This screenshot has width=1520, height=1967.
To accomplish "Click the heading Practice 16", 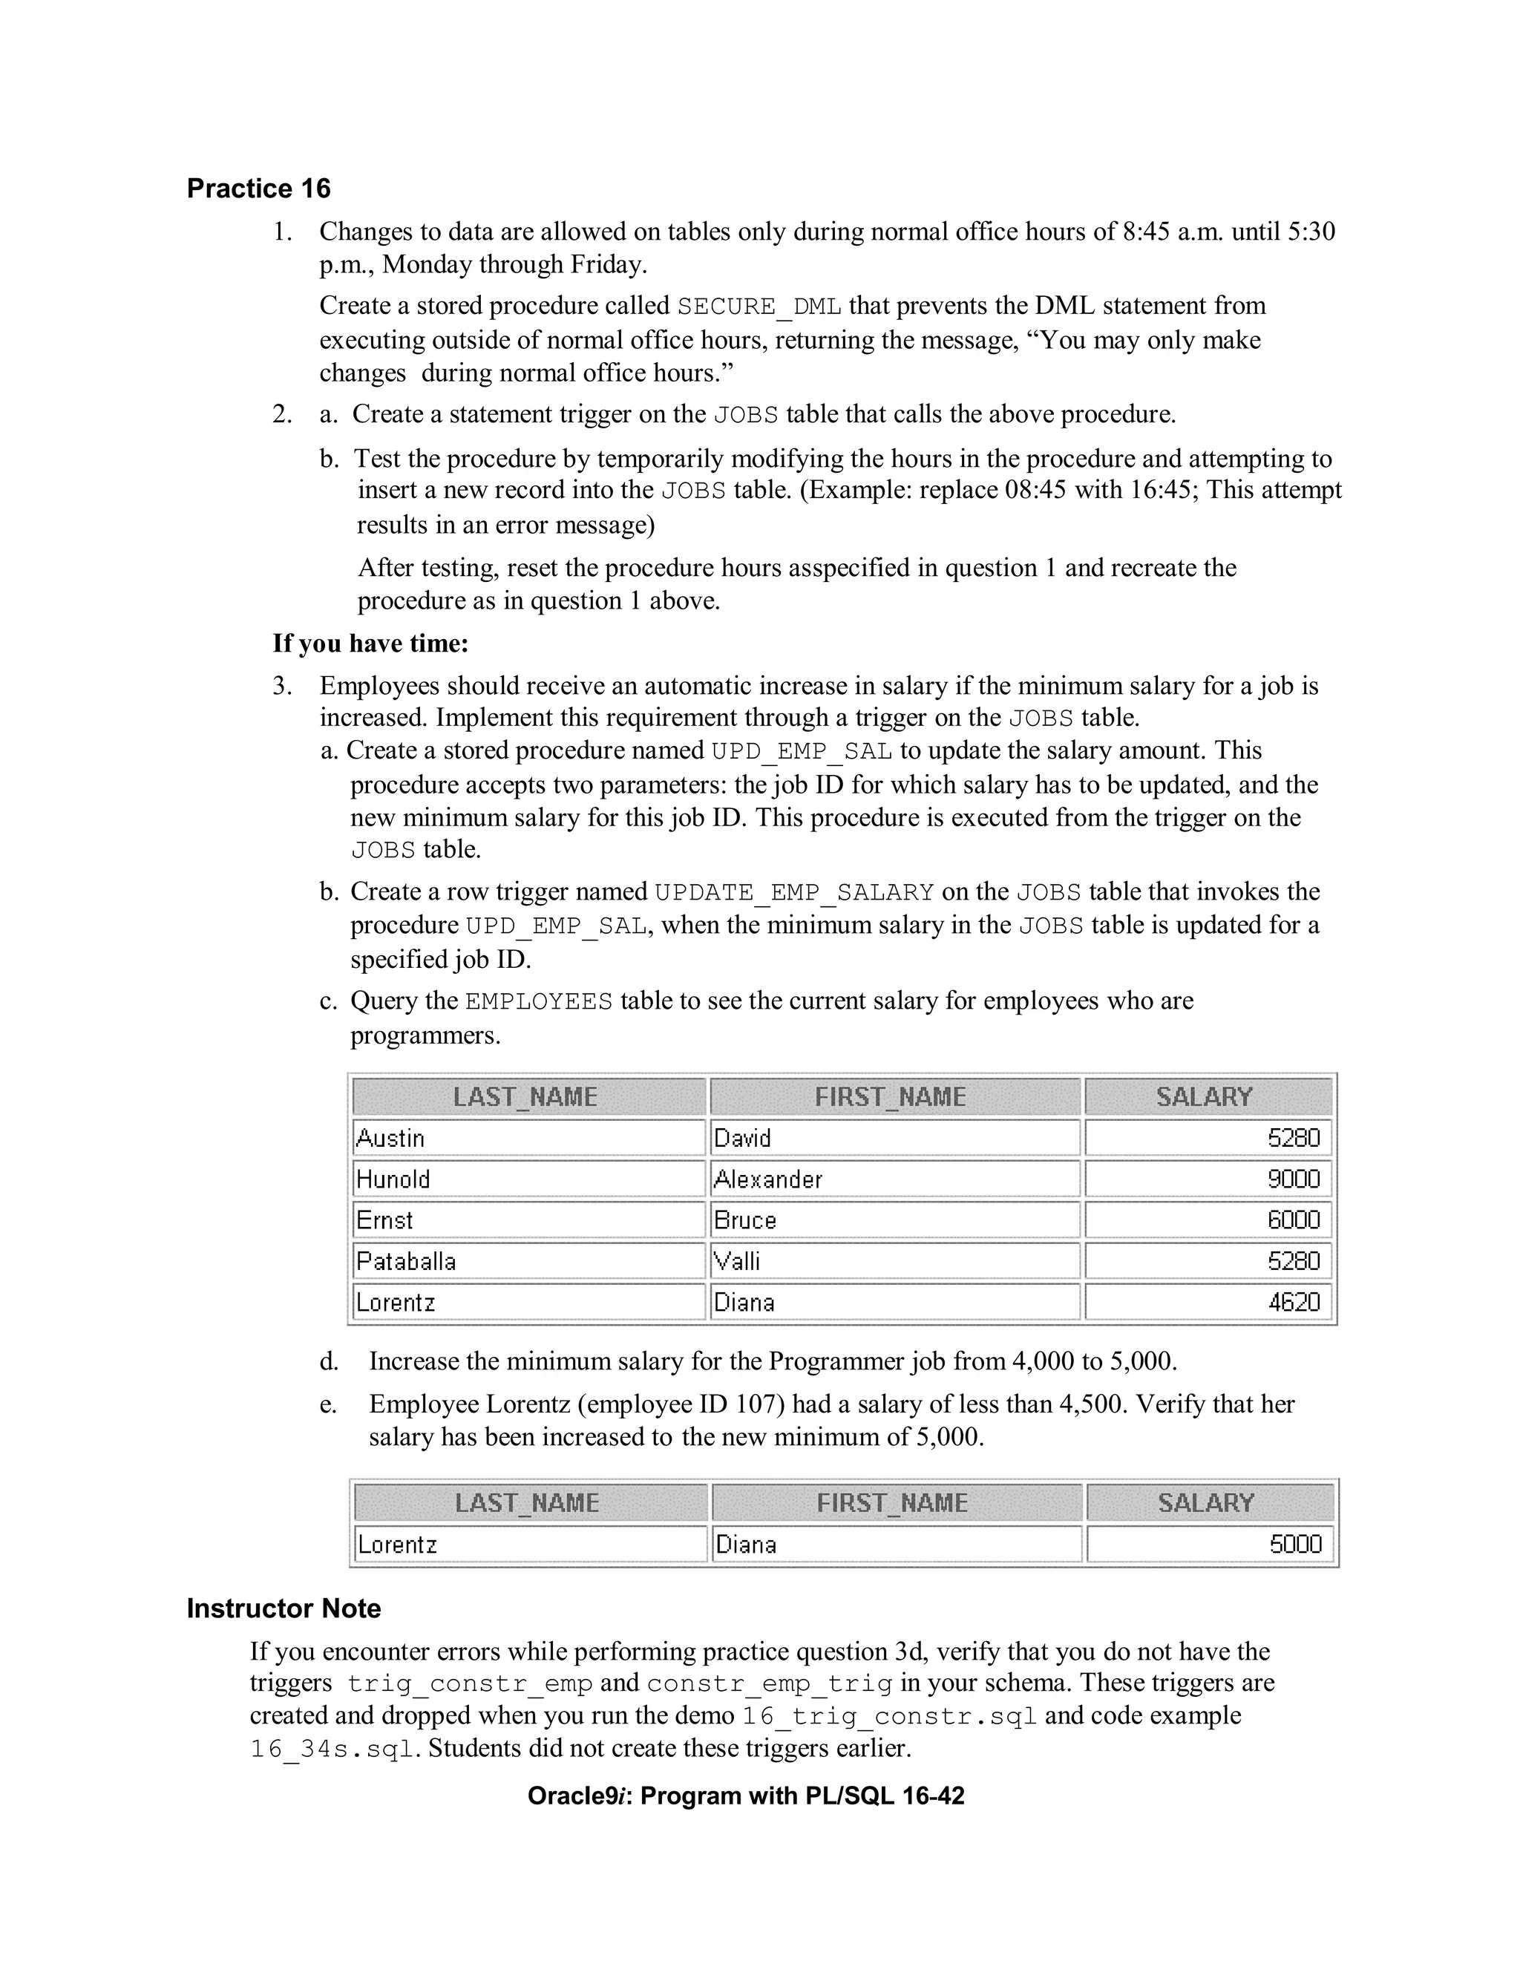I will point(258,189).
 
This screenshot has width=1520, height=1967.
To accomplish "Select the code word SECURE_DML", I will point(759,307).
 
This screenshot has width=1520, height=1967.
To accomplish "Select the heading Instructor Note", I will point(284,1608).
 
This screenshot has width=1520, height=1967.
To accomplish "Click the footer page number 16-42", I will point(934,1796).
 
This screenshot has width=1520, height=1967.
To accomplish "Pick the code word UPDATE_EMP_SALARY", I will point(794,892).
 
